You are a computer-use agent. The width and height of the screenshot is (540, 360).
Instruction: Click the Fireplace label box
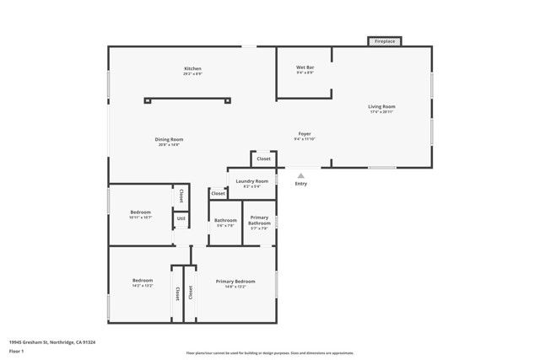point(384,40)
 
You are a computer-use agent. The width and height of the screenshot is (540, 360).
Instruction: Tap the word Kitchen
point(193,68)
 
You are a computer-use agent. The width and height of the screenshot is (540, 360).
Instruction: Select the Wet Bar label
point(305,67)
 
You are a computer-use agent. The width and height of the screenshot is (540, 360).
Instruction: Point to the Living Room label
point(381,107)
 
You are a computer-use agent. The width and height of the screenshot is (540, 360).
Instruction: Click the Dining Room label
point(169,139)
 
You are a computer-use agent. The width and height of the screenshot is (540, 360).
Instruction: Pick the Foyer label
point(305,135)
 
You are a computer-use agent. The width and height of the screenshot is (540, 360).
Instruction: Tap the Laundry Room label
point(252,181)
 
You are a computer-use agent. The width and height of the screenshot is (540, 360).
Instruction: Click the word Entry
point(301,184)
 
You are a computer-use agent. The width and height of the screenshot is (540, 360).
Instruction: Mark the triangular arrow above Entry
point(301,175)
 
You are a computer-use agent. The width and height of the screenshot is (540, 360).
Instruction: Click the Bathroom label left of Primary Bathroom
point(225,220)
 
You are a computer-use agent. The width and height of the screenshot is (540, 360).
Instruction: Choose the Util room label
point(181,219)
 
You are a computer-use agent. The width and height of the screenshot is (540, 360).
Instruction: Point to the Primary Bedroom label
point(235,281)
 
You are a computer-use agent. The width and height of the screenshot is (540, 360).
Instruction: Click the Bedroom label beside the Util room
point(141,212)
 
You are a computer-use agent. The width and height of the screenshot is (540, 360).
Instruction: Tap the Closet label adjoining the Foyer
point(263,159)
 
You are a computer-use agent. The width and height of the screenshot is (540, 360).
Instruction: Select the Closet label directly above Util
point(181,196)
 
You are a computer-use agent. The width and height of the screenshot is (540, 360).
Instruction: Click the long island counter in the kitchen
point(186,99)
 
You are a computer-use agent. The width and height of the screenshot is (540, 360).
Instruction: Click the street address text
point(52,342)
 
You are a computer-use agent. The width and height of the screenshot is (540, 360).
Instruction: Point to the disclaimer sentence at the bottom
point(269,353)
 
